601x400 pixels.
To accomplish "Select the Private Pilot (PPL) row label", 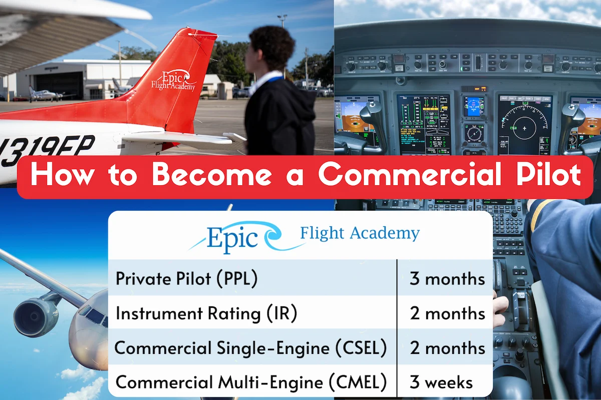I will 186,279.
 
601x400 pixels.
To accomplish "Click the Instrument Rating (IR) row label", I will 206,314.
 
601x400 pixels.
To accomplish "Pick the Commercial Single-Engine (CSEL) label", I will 250,348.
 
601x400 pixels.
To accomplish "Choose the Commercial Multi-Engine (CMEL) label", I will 251,382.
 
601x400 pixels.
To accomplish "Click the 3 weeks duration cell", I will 441,382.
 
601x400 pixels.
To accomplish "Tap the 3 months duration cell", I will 447,279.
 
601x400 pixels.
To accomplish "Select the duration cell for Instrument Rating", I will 447,314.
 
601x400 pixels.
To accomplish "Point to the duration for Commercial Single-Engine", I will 447,348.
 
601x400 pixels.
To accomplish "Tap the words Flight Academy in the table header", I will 359,233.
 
